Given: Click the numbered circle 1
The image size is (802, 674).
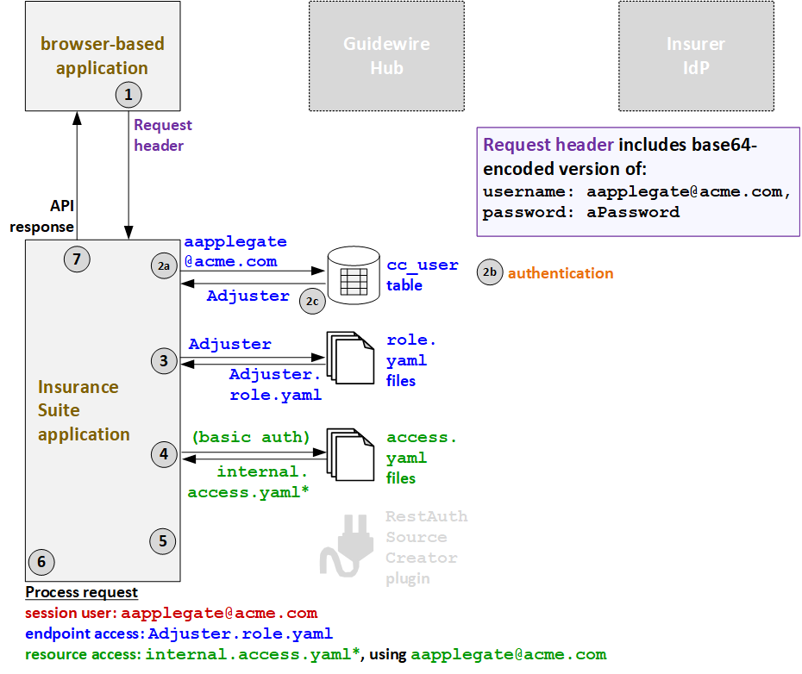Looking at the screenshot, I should pyautogui.click(x=128, y=94).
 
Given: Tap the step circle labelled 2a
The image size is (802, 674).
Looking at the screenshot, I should pyautogui.click(x=164, y=267).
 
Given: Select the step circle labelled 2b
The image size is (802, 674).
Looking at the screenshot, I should pyautogui.click(x=490, y=273).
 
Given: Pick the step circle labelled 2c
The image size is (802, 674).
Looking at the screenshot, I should pyautogui.click(x=312, y=301).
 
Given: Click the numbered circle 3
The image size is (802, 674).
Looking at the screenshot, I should pyautogui.click(x=164, y=361).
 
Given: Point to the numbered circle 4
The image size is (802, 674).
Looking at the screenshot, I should pyautogui.click(x=164, y=454).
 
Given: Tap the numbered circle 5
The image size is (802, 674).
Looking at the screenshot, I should pyautogui.click(x=163, y=540).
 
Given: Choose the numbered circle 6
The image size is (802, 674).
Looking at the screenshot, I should pyautogui.click(x=41, y=563).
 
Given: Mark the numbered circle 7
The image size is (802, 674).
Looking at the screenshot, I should pyautogui.click(x=77, y=259).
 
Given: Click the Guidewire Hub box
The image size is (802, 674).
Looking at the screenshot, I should pyautogui.click(x=386, y=56).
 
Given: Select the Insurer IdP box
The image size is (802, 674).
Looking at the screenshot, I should pyautogui.click(x=695, y=56).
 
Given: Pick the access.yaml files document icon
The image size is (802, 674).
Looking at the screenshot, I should pyautogui.click(x=349, y=454).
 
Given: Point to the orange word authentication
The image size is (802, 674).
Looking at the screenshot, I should pyautogui.click(x=561, y=273).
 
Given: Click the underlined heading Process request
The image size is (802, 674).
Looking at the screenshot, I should pyautogui.click(x=81, y=592).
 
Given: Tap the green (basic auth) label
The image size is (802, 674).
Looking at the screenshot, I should pyautogui.click(x=251, y=437).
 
